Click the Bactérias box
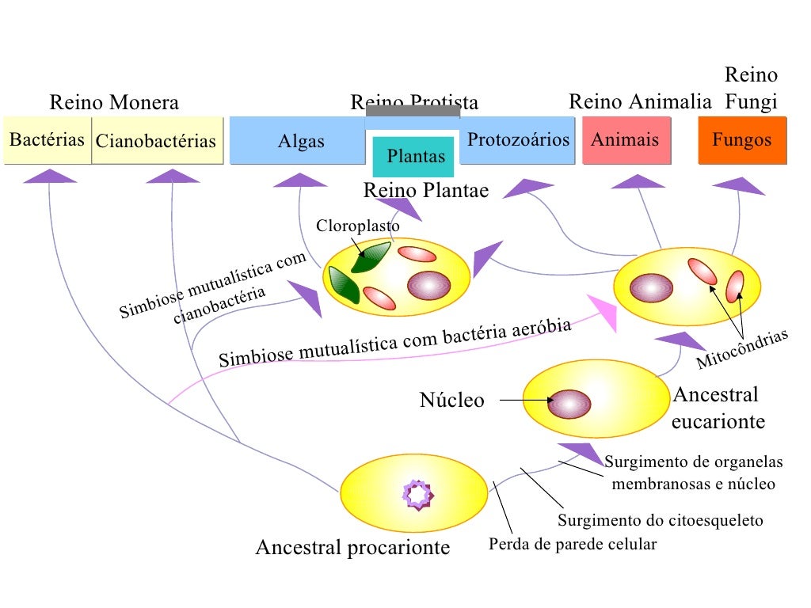[x=47, y=141]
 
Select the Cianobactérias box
[x=156, y=142]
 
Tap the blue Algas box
[x=301, y=142]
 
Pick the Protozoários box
[x=519, y=140]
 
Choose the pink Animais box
[x=626, y=140]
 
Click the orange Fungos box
[x=742, y=140]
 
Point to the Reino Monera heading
[x=114, y=103]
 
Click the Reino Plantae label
[x=426, y=191]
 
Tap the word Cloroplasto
[x=358, y=226]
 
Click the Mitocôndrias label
[x=743, y=350]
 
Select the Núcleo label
[x=451, y=401]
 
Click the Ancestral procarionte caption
[x=352, y=547]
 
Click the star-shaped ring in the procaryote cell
[x=419, y=494]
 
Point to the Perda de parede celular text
[x=573, y=545]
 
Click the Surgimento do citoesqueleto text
[x=661, y=521]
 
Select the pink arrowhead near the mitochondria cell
[x=604, y=313]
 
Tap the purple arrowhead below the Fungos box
[x=739, y=185]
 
